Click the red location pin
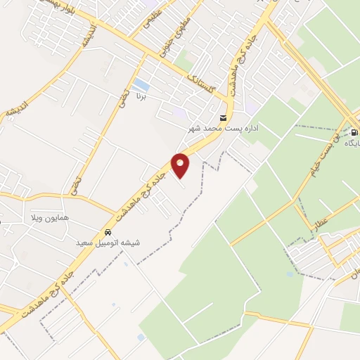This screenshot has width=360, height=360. coord(181,165)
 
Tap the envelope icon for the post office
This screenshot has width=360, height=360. coord(224,117)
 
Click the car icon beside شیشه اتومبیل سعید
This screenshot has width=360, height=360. coord(107,232)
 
